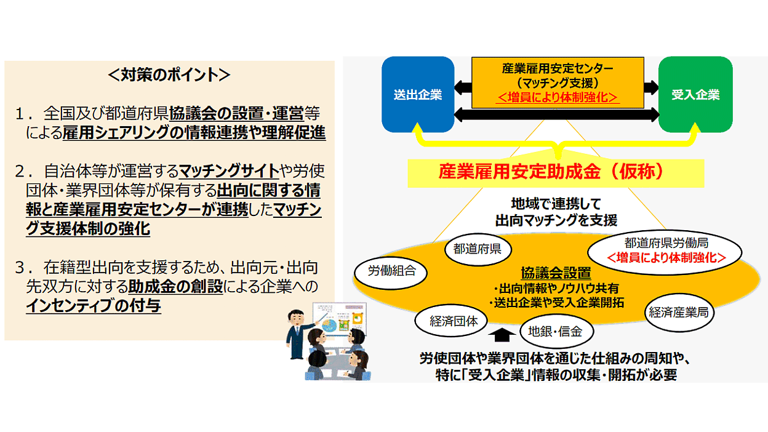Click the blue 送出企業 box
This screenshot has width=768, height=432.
(x=418, y=94)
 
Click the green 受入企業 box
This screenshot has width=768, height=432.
(x=695, y=94)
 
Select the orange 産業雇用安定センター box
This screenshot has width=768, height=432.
(x=558, y=82)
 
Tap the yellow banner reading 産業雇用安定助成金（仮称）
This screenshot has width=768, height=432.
(x=556, y=172)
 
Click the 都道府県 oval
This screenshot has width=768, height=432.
(x=478, y=249)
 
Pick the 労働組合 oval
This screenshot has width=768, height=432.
(x=391, y=272)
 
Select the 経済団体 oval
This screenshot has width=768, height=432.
(x=451, y=321)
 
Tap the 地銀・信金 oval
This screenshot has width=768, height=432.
(x=556, y=332)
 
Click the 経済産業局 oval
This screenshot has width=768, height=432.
(x=679, y=313)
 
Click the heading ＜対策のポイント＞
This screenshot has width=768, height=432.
(x=169, y=74)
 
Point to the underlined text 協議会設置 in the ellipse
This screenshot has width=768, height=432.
(x=556, y=273)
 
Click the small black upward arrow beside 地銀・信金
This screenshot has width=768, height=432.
(x=502, y=335)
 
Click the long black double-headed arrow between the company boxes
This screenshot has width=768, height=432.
(x=557, y=114)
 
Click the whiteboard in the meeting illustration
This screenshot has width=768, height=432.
(x=340, y=319)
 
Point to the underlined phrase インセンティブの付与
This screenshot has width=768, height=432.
(x=94, y=305)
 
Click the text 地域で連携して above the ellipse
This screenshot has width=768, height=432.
(x=556, y=204)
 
